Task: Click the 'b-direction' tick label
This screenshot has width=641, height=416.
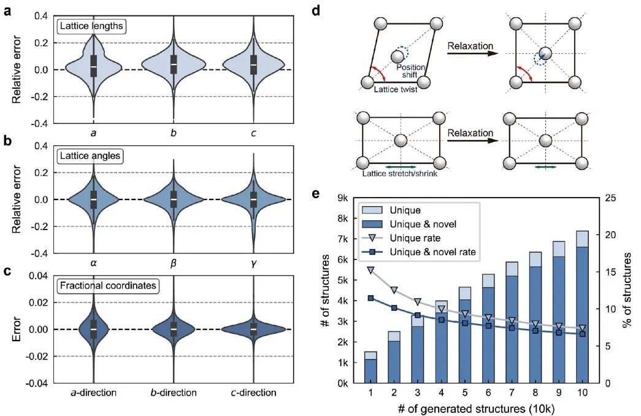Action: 173,393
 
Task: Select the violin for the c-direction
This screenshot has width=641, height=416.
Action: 253,329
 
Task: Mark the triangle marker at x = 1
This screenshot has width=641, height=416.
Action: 370,270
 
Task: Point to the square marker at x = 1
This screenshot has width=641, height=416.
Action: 370,298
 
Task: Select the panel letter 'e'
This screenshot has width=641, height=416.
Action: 315,194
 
